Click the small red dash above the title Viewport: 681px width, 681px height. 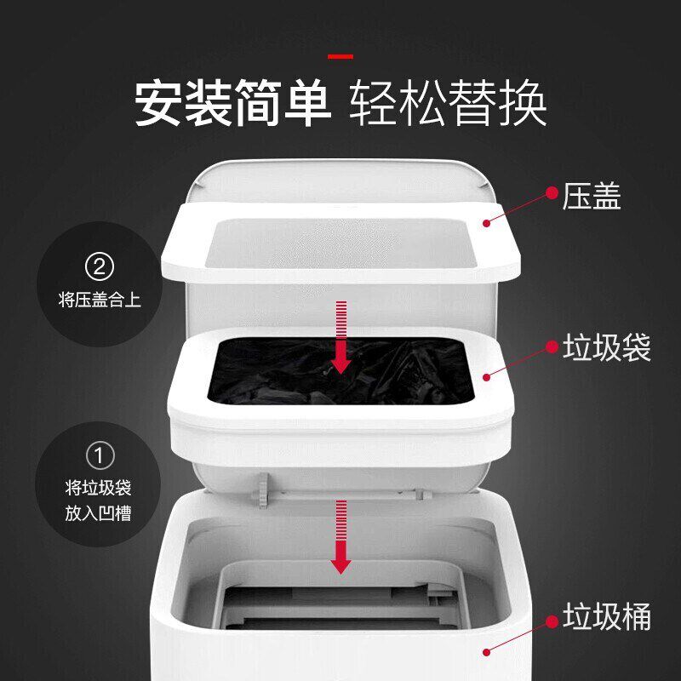tap(340, 57)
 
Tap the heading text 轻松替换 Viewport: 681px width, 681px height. tap(449, 104)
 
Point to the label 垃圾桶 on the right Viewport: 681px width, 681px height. tap(607, 616)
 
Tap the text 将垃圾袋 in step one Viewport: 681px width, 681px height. tap(99, 488)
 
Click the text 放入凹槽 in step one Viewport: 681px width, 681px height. tap(99, 513)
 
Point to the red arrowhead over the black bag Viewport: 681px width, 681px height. tap(341, 363)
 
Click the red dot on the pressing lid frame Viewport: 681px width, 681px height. tap(487, 223)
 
